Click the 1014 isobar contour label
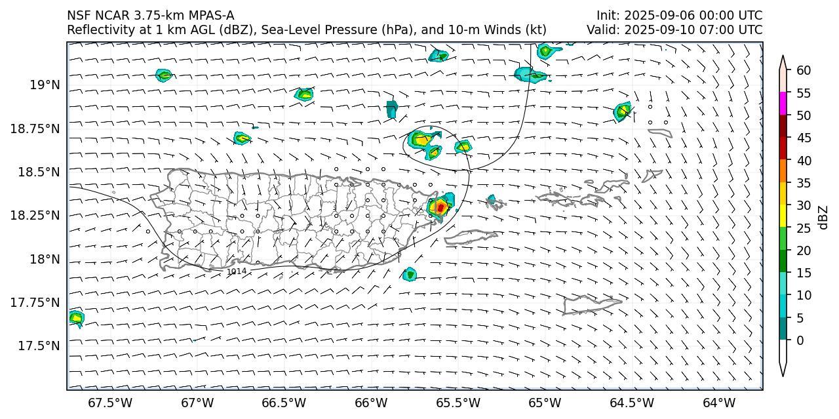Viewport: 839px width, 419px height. pos(237,271)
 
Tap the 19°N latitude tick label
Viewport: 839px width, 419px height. pos(45,85)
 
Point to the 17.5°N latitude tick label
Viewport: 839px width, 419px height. pos(40,346)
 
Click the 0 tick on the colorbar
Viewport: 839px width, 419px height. pos(799,340)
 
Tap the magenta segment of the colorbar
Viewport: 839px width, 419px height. pos(783,104)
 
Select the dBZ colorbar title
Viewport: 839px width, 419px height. pos(824,217)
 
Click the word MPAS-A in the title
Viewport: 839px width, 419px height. pos(208,15)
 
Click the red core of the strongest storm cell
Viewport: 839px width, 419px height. pos(441,207)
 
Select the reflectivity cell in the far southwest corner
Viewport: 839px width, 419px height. pos(76,318)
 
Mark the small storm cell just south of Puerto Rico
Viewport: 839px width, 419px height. pos(410,274)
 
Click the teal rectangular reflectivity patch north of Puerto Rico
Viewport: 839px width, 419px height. pos(392,108)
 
